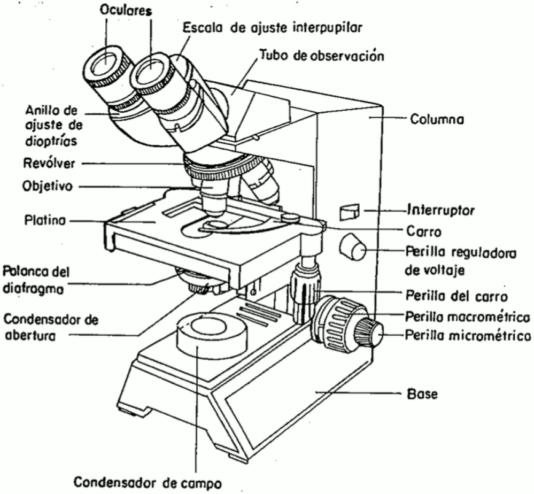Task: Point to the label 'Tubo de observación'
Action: click(x=322, y=56)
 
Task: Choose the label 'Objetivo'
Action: click(x=47, y=187)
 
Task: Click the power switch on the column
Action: click(x=350, y=212)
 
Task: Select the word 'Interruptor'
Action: click(x=441, y=209)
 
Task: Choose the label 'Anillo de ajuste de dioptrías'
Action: click(x=52, y=126)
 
